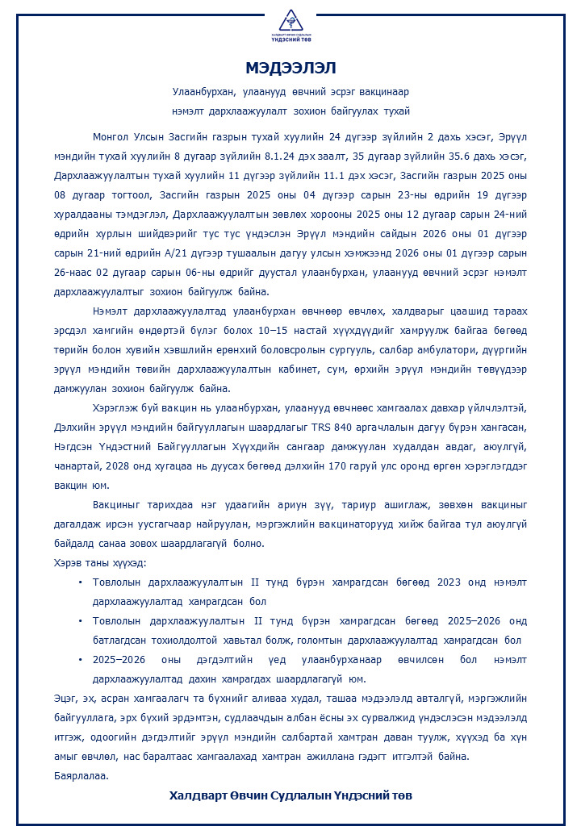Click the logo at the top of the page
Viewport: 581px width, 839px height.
click(290, 27)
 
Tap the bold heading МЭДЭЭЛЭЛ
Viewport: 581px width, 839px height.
click(290, 67)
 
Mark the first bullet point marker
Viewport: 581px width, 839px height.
click(80, 582)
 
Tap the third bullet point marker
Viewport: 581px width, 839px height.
click(80, 659)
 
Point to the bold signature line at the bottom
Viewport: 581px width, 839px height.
click(290, 795)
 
